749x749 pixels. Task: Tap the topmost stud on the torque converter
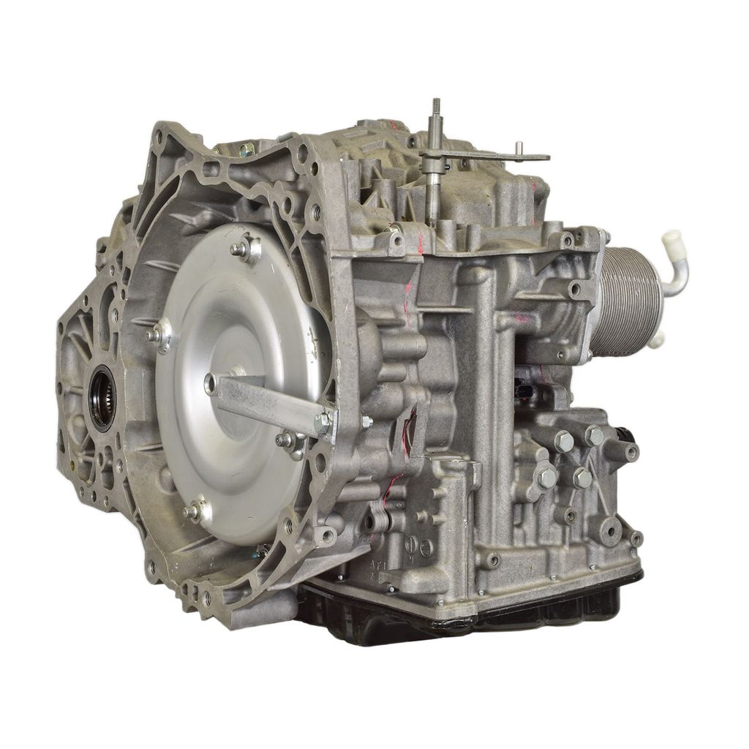pos(241,249)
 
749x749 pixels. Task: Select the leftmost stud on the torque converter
pos(155,335)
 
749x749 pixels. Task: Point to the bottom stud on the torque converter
pos(194,511)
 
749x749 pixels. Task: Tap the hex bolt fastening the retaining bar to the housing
pos(322,422)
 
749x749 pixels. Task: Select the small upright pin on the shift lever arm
pos(518,148)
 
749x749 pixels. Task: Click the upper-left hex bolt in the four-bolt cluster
pos(563,441)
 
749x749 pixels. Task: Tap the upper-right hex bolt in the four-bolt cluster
pos(594,436)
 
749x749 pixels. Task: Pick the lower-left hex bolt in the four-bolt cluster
pos(547,478)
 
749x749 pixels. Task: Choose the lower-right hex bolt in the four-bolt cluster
pos(582,478)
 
